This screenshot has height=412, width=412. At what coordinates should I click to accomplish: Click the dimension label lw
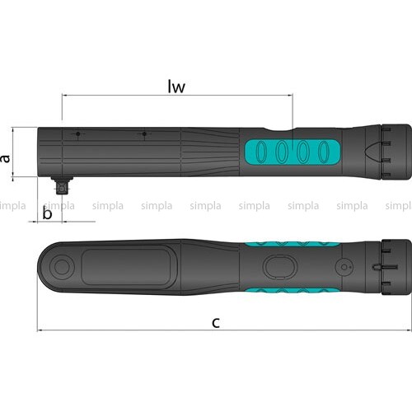[176, 87]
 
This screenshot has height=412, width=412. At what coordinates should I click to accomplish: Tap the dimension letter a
[5, 159]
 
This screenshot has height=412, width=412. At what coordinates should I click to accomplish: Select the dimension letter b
[47, 213]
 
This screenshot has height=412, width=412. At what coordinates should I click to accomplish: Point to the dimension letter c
[216, 322]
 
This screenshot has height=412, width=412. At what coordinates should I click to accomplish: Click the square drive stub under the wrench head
[62, 185]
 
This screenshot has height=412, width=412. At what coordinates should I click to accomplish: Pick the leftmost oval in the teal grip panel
[261, 152]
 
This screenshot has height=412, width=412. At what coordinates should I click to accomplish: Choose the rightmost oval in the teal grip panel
[324, 152]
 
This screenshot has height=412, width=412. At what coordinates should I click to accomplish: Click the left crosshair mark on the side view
[78, 134]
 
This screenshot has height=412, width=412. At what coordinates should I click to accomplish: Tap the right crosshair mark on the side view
[144, 134]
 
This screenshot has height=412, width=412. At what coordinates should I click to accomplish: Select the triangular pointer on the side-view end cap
[372, 152]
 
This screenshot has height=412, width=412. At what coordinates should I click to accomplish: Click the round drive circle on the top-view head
[62, 267]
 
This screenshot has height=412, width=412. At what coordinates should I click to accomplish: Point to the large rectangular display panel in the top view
[126, 267]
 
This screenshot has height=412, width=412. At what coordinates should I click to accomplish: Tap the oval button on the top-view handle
[280, 267]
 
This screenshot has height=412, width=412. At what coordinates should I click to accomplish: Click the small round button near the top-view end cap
[344, 267]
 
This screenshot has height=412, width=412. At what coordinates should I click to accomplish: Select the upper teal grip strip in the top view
[293, 244]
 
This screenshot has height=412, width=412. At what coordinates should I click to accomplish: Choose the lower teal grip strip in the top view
[293, 291]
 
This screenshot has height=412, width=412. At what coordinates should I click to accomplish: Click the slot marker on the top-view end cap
[385, 267]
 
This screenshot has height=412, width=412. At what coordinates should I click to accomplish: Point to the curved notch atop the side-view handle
[279, 129]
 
